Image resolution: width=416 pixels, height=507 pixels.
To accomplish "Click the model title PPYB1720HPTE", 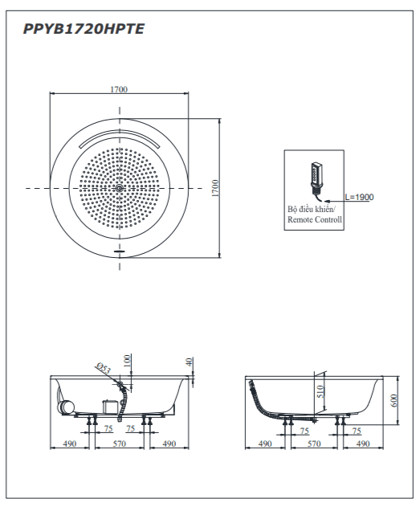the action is coord(84,29).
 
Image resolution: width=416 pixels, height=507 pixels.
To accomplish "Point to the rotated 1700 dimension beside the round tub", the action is coord(215,188).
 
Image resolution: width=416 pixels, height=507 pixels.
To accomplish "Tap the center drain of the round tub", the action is coord(120,188).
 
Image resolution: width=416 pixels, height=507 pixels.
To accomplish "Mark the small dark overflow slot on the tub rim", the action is coord(120,250).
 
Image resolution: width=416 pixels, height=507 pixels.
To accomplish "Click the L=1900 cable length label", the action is coord(359,197).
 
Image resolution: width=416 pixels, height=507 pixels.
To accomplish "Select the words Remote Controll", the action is coord(315,219).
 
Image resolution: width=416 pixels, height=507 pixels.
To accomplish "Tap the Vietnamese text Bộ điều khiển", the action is coord(311,209).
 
